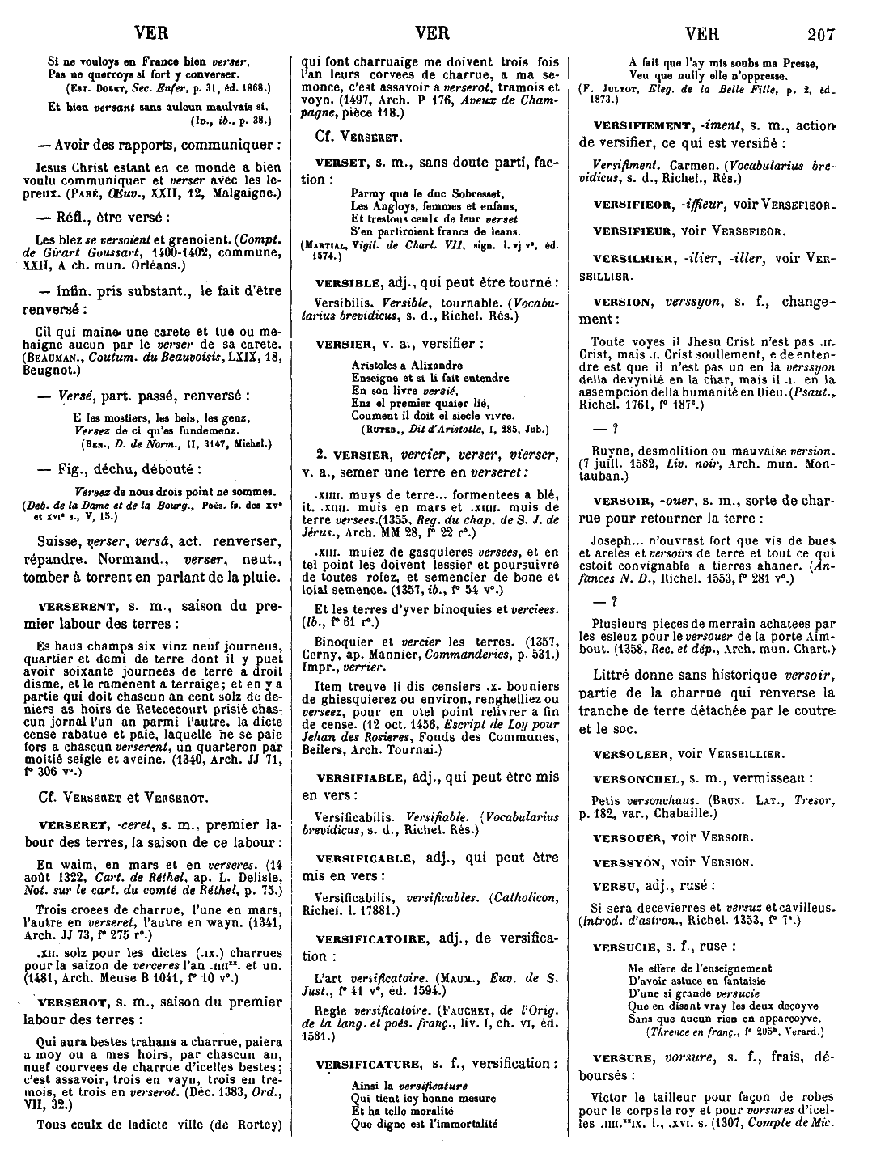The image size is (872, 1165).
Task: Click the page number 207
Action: [x=825, y=36]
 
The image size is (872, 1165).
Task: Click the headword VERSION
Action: [x=621, y=303]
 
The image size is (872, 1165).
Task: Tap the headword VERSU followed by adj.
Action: [x=612, y=885]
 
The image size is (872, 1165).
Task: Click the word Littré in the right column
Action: [x=614, y=675]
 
